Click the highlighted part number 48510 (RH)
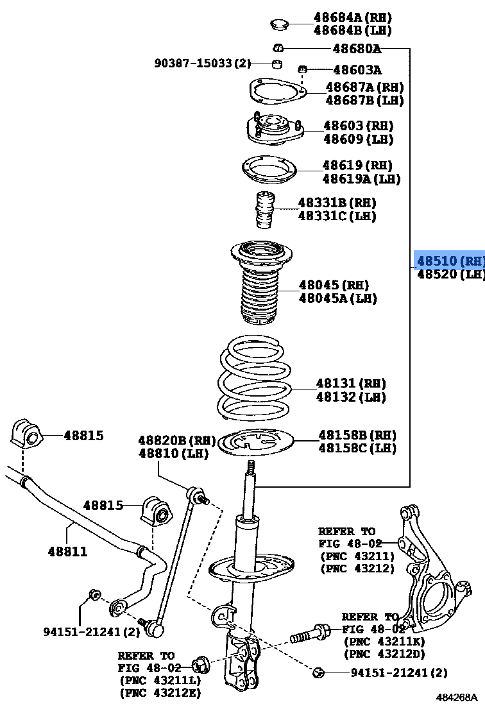tap(449, 261)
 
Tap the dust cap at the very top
tap(278, 25)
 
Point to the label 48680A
tap(356, 48)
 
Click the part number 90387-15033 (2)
tap(202, 64)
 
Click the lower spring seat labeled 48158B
tap(256, 442)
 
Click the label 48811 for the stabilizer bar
tap(67, 551)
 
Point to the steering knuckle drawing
tap(430, 571)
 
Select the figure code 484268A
tap(457, 697)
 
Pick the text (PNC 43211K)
tap(384, 641)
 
